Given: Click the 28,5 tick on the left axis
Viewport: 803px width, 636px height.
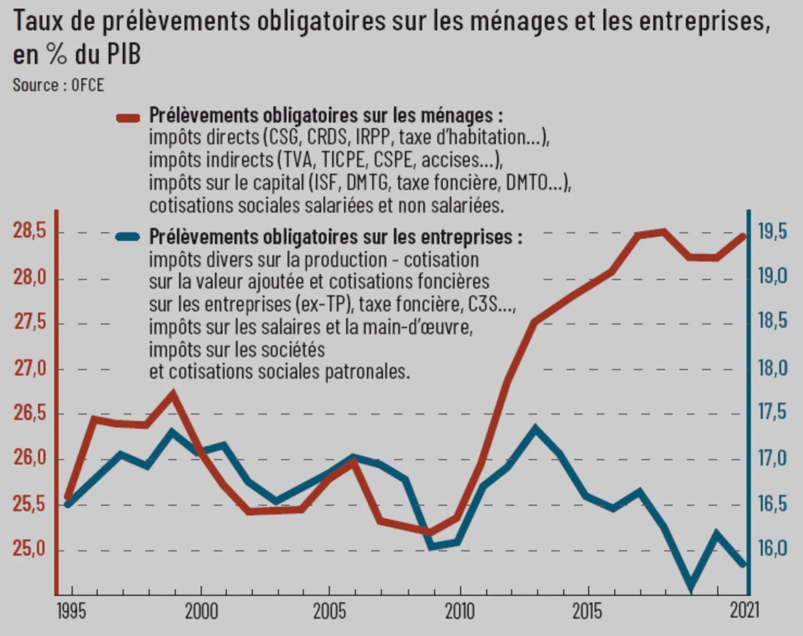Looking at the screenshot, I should (x=30, y=233).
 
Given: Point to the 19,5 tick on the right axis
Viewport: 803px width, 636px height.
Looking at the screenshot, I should (x=772, y=233).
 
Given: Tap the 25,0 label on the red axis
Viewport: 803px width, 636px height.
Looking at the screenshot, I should (x=30, y=550).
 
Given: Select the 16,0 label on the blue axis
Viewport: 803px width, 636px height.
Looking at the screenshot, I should (x=772, y=550).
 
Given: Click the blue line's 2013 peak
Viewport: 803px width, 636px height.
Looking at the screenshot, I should (x=533, y=427).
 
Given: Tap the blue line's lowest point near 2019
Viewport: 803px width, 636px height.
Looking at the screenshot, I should (x=691, y=589).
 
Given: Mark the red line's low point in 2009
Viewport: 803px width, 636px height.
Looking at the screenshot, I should (x=430, y=533).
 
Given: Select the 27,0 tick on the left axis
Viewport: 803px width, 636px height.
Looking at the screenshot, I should (x=30, y=370).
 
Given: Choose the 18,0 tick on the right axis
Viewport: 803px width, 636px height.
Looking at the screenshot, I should (x=772, y=370).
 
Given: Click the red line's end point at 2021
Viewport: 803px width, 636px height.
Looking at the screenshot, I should (x=745, y=235).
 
